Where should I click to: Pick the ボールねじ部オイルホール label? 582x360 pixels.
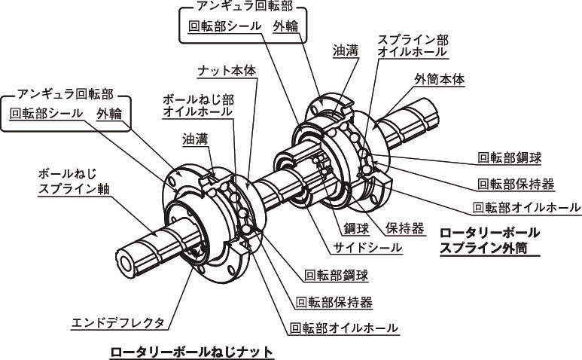pos(197,106)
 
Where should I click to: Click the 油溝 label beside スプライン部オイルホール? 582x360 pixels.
pos(346,50)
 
